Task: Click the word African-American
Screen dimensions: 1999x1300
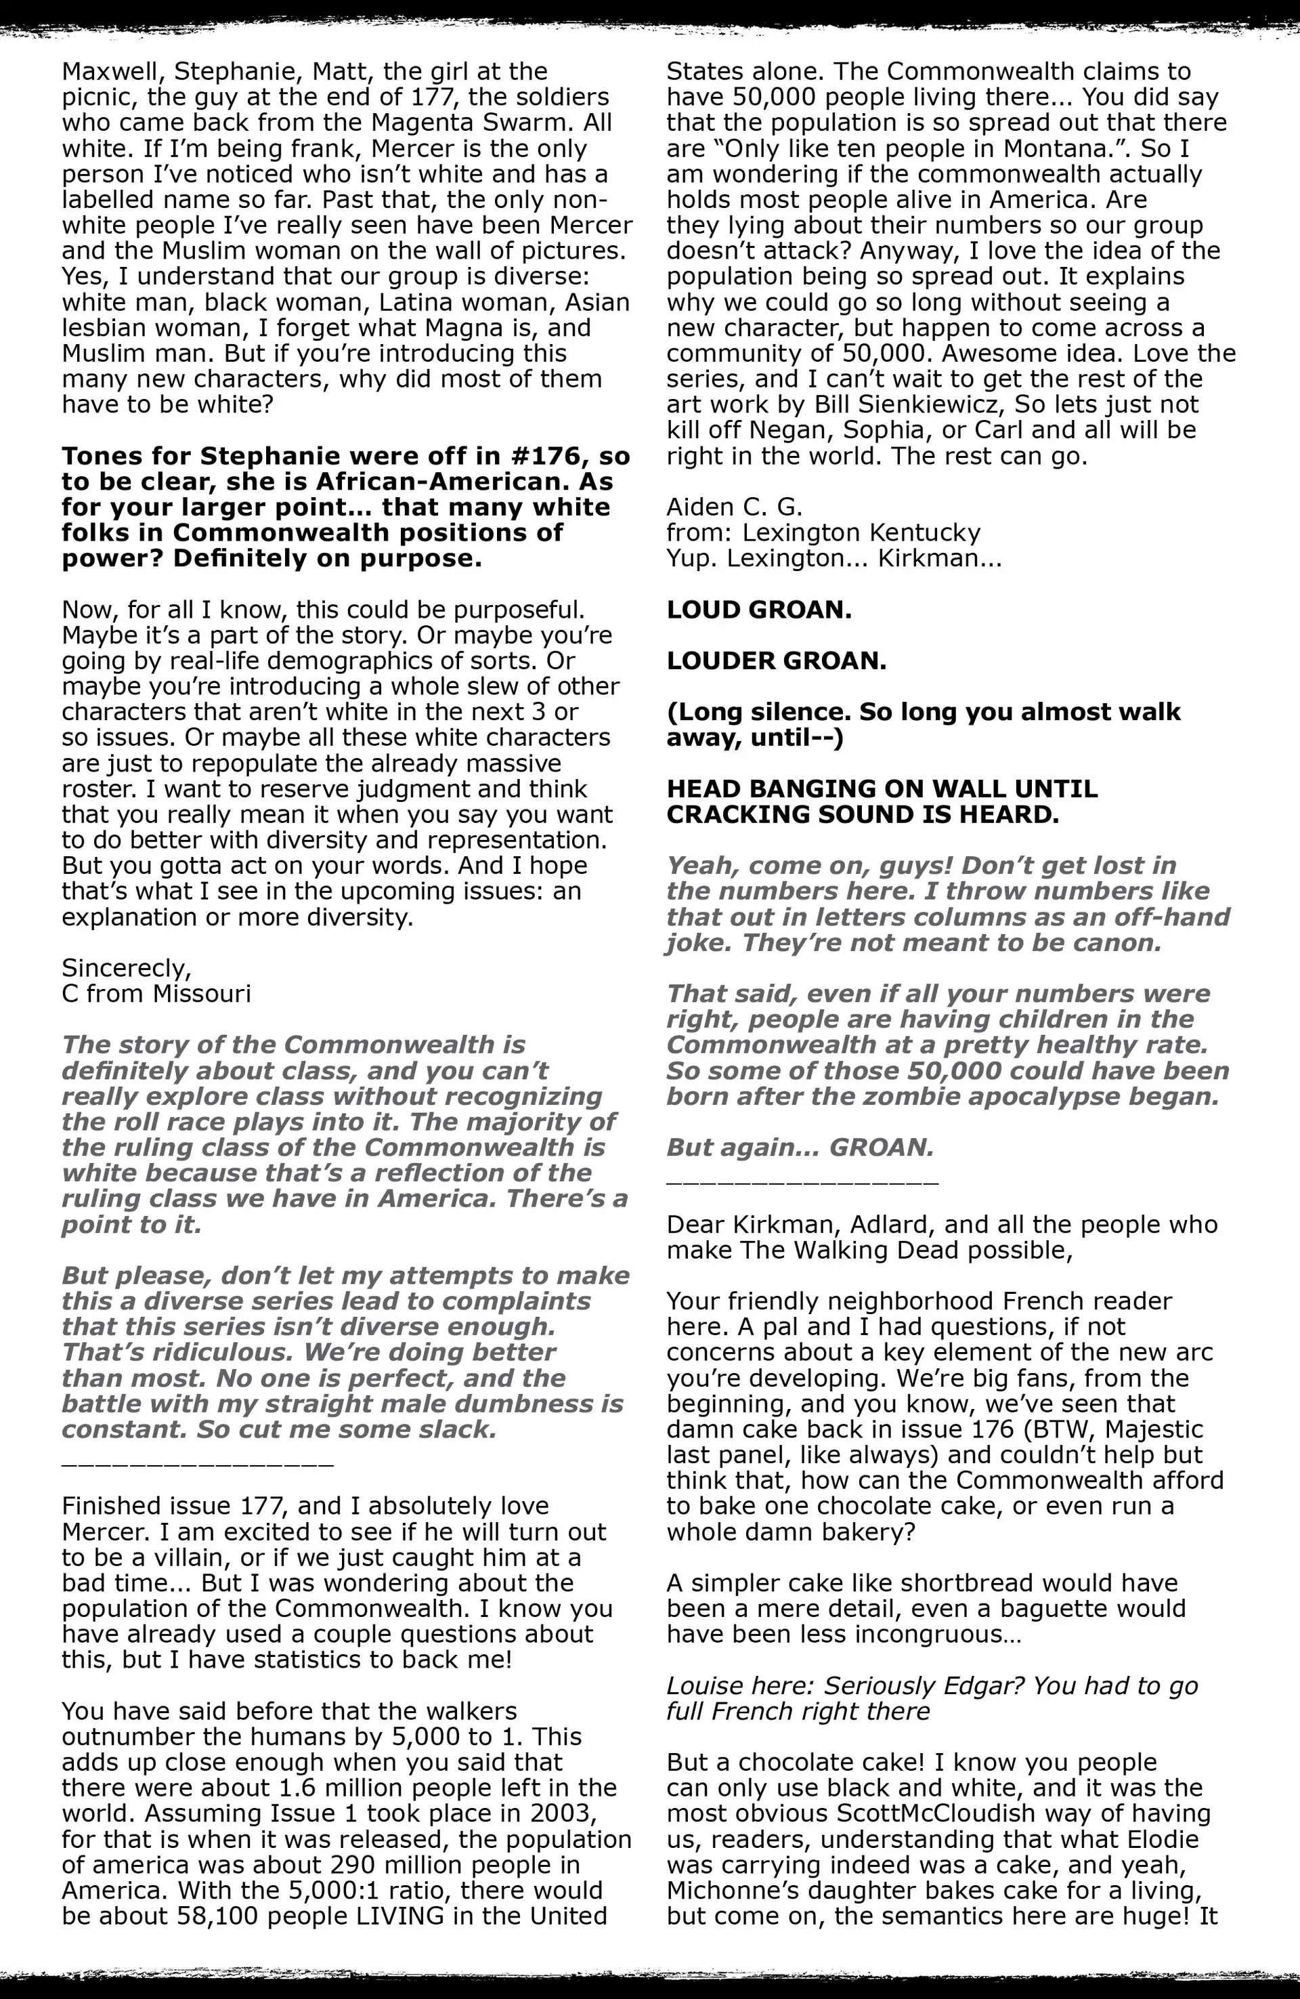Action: (x=464, y=482)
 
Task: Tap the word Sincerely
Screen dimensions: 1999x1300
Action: (x=126, y=969)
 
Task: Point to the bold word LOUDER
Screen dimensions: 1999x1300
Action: (x=720, y=661)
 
